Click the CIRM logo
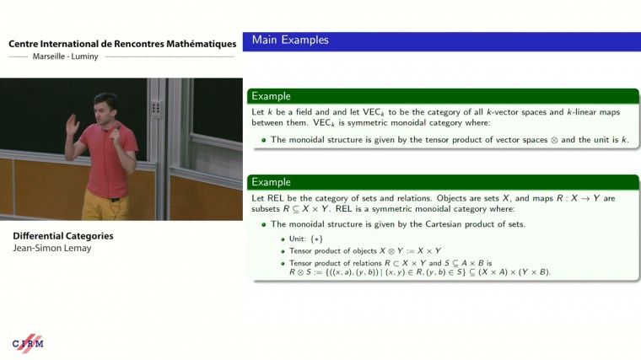28,342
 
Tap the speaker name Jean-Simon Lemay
51,249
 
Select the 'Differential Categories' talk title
62,236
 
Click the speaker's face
106,110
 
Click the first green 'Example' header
272,95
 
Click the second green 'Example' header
272,182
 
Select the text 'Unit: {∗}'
306,239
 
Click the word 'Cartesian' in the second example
444,223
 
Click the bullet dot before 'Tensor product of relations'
283,262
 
